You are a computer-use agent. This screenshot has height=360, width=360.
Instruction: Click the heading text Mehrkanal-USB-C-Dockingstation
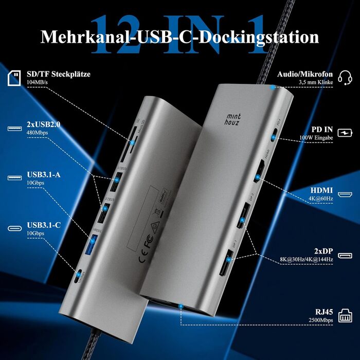(x=180, y=37)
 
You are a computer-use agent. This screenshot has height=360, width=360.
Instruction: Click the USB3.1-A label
(x=44, y=174)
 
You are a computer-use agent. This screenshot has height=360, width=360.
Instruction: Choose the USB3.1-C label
(x=44, y=224)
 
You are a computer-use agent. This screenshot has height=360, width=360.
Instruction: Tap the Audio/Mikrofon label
(x=305, y=74)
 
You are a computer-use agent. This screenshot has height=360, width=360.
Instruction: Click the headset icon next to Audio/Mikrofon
(x=346, y=78)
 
